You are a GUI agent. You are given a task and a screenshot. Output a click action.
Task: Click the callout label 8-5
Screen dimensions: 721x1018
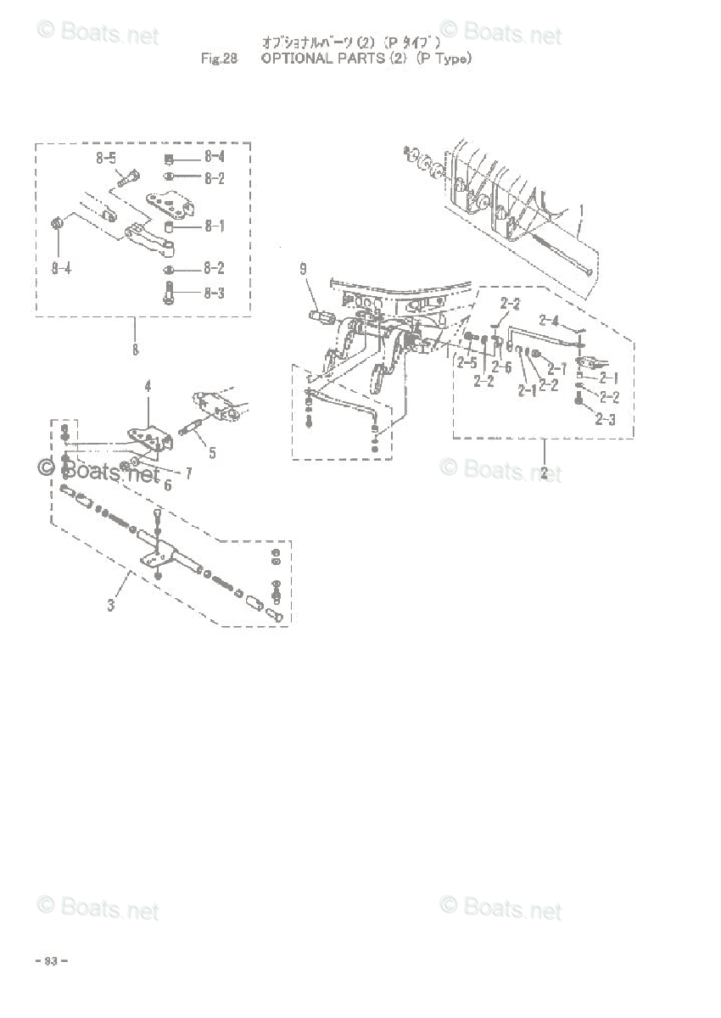(x=106, y=158)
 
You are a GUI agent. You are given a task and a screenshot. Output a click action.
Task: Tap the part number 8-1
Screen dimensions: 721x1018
(x=213, y=227)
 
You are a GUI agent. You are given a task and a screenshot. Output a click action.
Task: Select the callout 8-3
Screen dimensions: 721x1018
(x=213, y=294)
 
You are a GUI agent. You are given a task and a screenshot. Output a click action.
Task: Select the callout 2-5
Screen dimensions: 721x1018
(x=467, y=362)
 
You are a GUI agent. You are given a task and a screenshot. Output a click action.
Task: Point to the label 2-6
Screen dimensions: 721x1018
(x=503, y=366)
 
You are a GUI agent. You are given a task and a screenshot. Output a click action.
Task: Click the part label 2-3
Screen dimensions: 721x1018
(x=606, y=418)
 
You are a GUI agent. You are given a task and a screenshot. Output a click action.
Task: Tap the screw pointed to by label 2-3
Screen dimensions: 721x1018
(x=579, y=406)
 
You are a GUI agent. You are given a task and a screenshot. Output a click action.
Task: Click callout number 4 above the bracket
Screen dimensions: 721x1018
(x=147, y=386)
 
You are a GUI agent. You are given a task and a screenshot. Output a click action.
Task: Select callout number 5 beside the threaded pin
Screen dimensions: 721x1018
(x=211, y=453)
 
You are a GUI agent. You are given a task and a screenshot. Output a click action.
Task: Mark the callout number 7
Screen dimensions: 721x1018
(x=188, y=473)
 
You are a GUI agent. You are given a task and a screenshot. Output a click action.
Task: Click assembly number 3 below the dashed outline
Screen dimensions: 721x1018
(x=111, y=605)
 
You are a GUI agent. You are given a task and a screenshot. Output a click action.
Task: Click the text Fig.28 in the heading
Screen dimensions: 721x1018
(x=218, y=59)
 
